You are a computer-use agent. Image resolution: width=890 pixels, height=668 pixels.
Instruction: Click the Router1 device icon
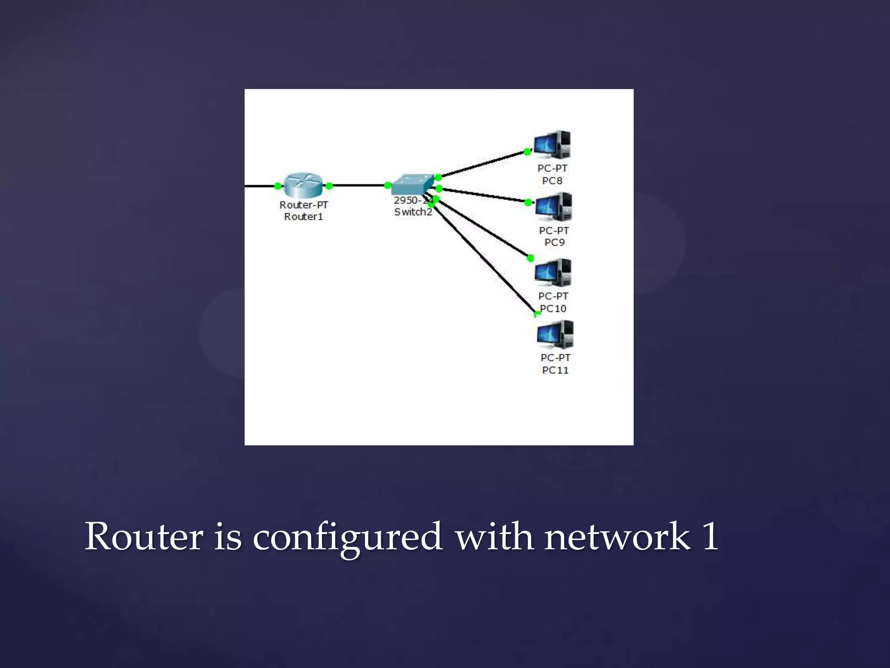tap(303, 185)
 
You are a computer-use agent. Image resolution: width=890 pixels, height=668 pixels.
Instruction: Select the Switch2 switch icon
tap(412, 184)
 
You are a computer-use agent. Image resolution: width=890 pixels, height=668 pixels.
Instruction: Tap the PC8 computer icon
tap(552, 145)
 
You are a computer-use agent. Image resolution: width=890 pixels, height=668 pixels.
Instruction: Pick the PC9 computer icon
tap(554, 207)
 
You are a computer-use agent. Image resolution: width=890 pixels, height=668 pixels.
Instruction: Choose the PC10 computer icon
tap(553, 273)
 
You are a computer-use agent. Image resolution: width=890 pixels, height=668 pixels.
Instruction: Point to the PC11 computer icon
tap(555, 334)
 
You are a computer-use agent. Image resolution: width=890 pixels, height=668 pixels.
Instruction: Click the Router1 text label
tap(303, 217)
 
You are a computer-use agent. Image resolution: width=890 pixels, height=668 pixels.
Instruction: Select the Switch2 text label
tap(413, 212)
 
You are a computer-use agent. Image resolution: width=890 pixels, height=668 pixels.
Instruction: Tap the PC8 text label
tap(552, 180)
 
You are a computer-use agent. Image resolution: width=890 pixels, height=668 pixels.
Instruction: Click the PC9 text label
tap(555, 242)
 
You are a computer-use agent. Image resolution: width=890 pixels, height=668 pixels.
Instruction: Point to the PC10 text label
tap(553, 308)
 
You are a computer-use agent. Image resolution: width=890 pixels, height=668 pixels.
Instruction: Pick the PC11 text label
tap(555, 370)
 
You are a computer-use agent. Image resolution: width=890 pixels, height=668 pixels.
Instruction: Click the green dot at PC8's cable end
tap(527, 152)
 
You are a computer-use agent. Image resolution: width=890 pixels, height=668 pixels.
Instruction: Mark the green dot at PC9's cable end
tap(528, 202)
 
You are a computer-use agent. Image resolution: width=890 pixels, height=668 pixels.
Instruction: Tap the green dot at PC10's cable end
tap(530, 258)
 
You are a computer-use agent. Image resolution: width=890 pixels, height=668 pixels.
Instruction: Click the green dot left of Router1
tap(278, 186)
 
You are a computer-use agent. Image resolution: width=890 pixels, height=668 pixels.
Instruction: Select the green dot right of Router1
tap(329, 186)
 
